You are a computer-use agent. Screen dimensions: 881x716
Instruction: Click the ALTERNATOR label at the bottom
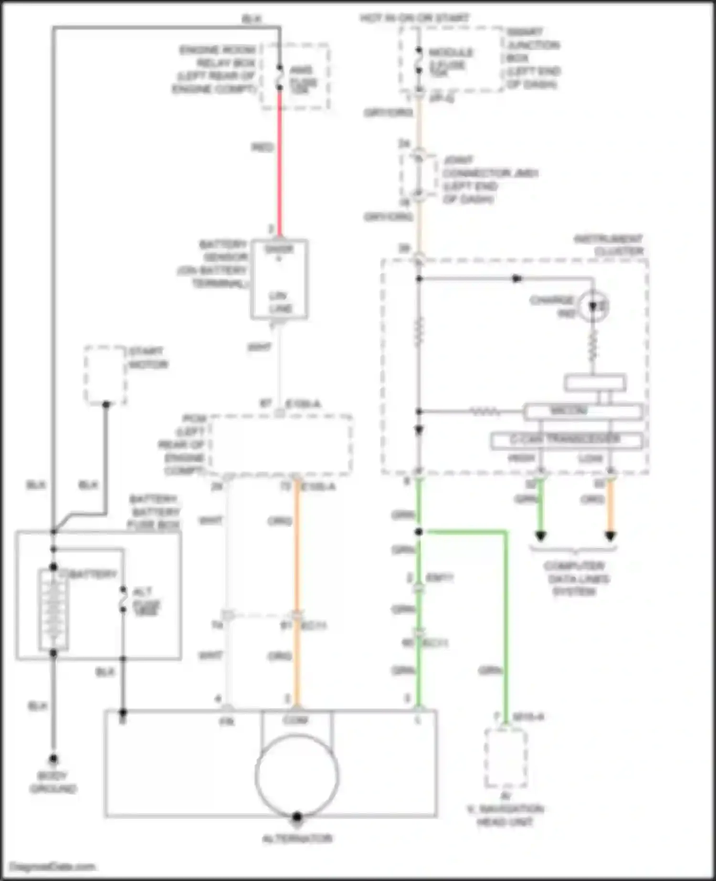(x=297, y=839)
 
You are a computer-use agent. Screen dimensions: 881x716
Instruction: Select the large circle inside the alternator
(x=297, y=776)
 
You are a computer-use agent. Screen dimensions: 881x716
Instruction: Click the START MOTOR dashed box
(x=105, y=375)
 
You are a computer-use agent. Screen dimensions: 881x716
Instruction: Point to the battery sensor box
(x=279, y=279)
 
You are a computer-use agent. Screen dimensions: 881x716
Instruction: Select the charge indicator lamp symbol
(x=593, y=306)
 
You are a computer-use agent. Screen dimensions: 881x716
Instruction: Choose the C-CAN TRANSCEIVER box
(x=566, y=440)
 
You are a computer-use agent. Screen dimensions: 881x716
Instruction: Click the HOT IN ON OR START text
(x=414, y=18)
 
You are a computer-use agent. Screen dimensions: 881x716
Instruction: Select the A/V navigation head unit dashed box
(x=506, y=758)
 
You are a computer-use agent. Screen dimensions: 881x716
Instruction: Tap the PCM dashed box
(x=281, y=445)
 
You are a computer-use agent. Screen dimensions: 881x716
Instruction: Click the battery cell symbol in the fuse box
(x=53, y=609)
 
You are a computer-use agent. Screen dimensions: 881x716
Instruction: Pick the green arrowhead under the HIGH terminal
(x=540, y=536)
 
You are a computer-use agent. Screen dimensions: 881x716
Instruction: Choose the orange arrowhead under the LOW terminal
(x=610, y=536)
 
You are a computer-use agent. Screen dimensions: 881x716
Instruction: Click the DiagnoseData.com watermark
(x=53, y=867)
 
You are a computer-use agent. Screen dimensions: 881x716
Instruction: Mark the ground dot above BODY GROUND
(x=53, y=758)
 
